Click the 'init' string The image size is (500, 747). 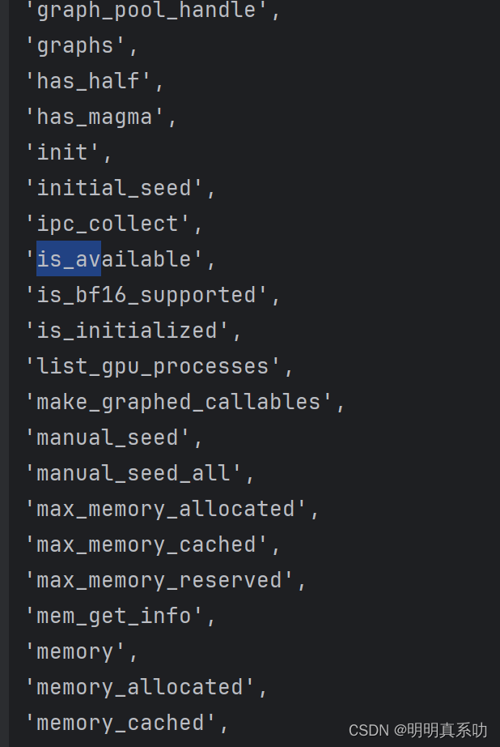(x=62, y=152)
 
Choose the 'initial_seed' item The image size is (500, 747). (x=115, y=188)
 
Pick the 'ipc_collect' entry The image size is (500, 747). (x=108, y=224)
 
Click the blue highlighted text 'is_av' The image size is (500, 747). (x=69, y=259)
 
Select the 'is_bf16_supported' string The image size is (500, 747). (x=146, y=295)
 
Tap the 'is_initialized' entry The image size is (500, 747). (x=127, y=331)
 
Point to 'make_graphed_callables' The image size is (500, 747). (x=179, y=402)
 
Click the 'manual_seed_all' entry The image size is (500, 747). (x=133, y=473)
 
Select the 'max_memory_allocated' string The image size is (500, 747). (x=166, y=509)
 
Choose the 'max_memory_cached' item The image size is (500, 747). (x=146, y=544)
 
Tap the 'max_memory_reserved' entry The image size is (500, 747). (x=159, y=580)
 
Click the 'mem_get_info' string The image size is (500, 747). (x=114, y=616)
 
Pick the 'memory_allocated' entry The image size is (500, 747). (x=140, y=687)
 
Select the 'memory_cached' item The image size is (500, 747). (x=121, y=723)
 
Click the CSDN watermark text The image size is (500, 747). (x=417, y=730)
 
